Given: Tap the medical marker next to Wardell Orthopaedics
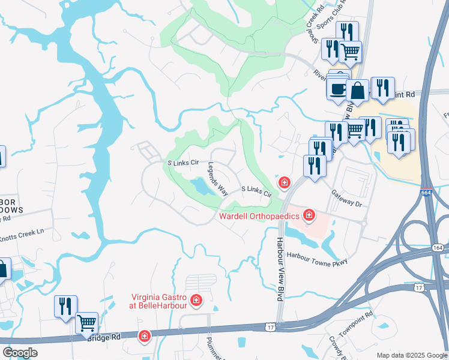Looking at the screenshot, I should pyautogui.click(x=309, y=214).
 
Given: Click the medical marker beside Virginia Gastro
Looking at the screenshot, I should pyautogui.click(x=196, y=299).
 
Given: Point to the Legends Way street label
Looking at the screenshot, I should pyautogui.click(x=218, y=179).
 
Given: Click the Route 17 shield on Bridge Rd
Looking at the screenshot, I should pyautogui.click(x=271, y=328).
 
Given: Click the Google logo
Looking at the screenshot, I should pyautogui.click(x=20, y=352).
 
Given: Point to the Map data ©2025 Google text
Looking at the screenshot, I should pyautogui.click(x=411, y=355).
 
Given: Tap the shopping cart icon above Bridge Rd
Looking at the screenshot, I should pyautogui.click(x=87, y=323).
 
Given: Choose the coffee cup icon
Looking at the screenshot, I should pyautogui.click(x=337, y=89).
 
